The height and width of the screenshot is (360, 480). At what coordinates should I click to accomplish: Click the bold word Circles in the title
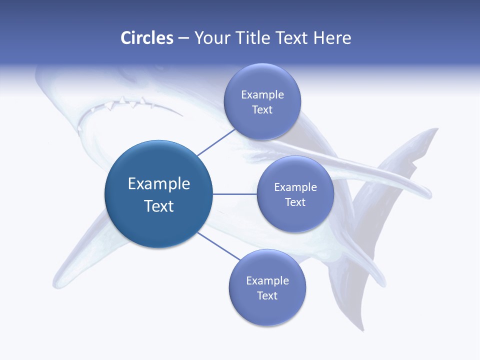tap(147, 38)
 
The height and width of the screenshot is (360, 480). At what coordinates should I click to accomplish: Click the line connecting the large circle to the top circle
tap(216, 141)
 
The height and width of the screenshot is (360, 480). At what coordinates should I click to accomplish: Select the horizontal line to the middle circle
tap(235, 194)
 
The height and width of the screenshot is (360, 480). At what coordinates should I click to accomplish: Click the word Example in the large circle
tap(159, 183)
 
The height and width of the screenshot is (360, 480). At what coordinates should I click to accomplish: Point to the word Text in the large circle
tap(159, 206)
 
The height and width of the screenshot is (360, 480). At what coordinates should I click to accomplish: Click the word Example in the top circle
tap(262, 94)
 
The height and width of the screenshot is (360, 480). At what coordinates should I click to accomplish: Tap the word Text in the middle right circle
tap(295, 202)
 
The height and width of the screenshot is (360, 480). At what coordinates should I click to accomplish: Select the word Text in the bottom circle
tap(267, 295)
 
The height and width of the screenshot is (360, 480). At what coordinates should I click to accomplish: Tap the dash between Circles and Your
tap(183, 38)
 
